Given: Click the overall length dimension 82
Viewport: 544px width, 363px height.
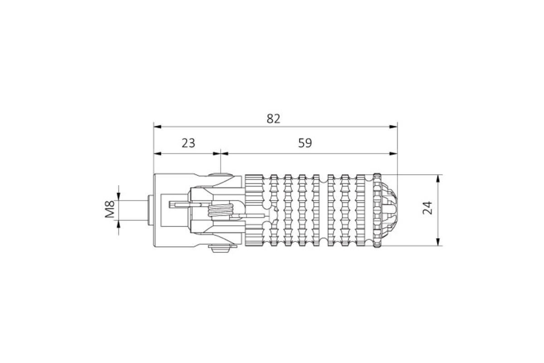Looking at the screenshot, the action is tap(273, 118).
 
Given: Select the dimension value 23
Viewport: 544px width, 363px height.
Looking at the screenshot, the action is tap(189, 143).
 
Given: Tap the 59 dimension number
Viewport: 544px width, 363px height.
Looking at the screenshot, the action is tap(305, 143).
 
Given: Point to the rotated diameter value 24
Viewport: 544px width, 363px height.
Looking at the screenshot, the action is tap(427, 208).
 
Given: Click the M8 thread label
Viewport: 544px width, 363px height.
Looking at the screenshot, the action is tap(110, 209).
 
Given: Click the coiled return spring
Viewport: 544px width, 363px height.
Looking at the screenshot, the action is tap(220, 211).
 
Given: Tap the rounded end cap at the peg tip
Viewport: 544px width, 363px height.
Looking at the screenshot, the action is tap(389, 210).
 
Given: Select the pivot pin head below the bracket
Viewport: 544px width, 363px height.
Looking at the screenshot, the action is tap(220, 249).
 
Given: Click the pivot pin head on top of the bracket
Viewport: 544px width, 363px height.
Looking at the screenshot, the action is tap(220, 174).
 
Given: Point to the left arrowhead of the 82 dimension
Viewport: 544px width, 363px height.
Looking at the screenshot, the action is tap(158, 127).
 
